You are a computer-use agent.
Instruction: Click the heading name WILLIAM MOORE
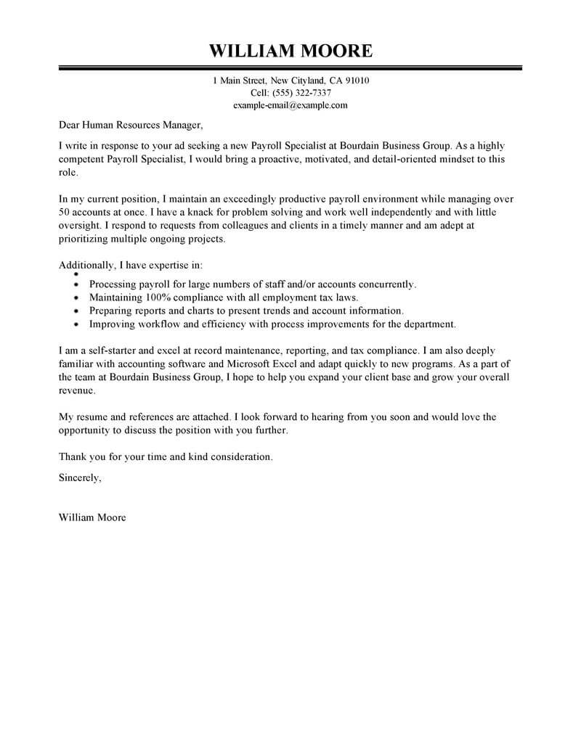tap(290, 51)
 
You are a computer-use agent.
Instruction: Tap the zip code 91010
tap(356, 81)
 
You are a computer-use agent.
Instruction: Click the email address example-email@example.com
tap(290, 105)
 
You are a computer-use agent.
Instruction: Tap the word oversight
tap(81, 226)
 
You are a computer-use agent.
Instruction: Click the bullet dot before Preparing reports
tap(77, 311)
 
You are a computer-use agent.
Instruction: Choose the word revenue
tap(76, 390)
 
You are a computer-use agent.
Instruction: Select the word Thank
tap(70, 457)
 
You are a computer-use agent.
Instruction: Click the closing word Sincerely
tap(79, 478)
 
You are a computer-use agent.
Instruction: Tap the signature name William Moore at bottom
tap(91, 518)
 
